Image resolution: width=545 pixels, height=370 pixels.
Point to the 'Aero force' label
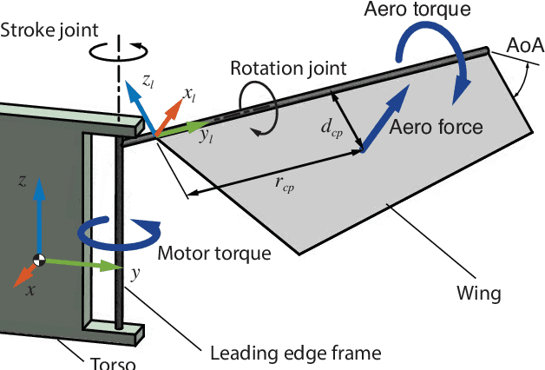(x=436, y=127)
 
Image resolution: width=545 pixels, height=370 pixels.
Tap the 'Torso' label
(x=114, y=361)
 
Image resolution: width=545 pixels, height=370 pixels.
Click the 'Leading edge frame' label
(x=296, y=353)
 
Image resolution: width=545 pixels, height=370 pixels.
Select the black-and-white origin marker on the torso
(x=39, y=259)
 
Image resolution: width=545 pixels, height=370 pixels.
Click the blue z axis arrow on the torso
(x=39, y=217)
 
